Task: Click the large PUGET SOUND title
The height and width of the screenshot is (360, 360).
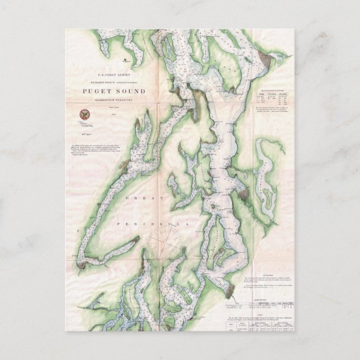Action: pos(114,92)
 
